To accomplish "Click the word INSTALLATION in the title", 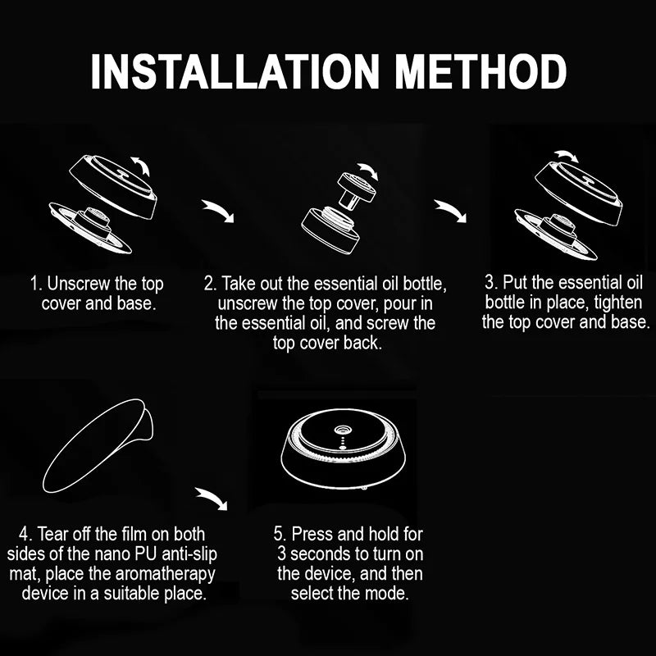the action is [x=235, y=71].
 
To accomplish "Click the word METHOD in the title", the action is [x=481, y=71].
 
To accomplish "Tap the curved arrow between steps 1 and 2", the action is [x=218, y=211].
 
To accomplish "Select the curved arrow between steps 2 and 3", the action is [x=450, y=211].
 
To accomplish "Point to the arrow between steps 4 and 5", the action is [x=212, y=499].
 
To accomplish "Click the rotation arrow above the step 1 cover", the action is [x=141, y=166].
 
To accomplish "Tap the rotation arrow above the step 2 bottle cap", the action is [x=368, y=171].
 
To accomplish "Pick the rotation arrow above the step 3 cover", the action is [x=567, y=156].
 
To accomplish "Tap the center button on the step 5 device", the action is [x=343, y=429].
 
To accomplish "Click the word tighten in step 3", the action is [x=618, y=303].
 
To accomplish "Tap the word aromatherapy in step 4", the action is [x=166, y=575].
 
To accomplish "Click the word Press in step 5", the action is [x=312, y=535].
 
